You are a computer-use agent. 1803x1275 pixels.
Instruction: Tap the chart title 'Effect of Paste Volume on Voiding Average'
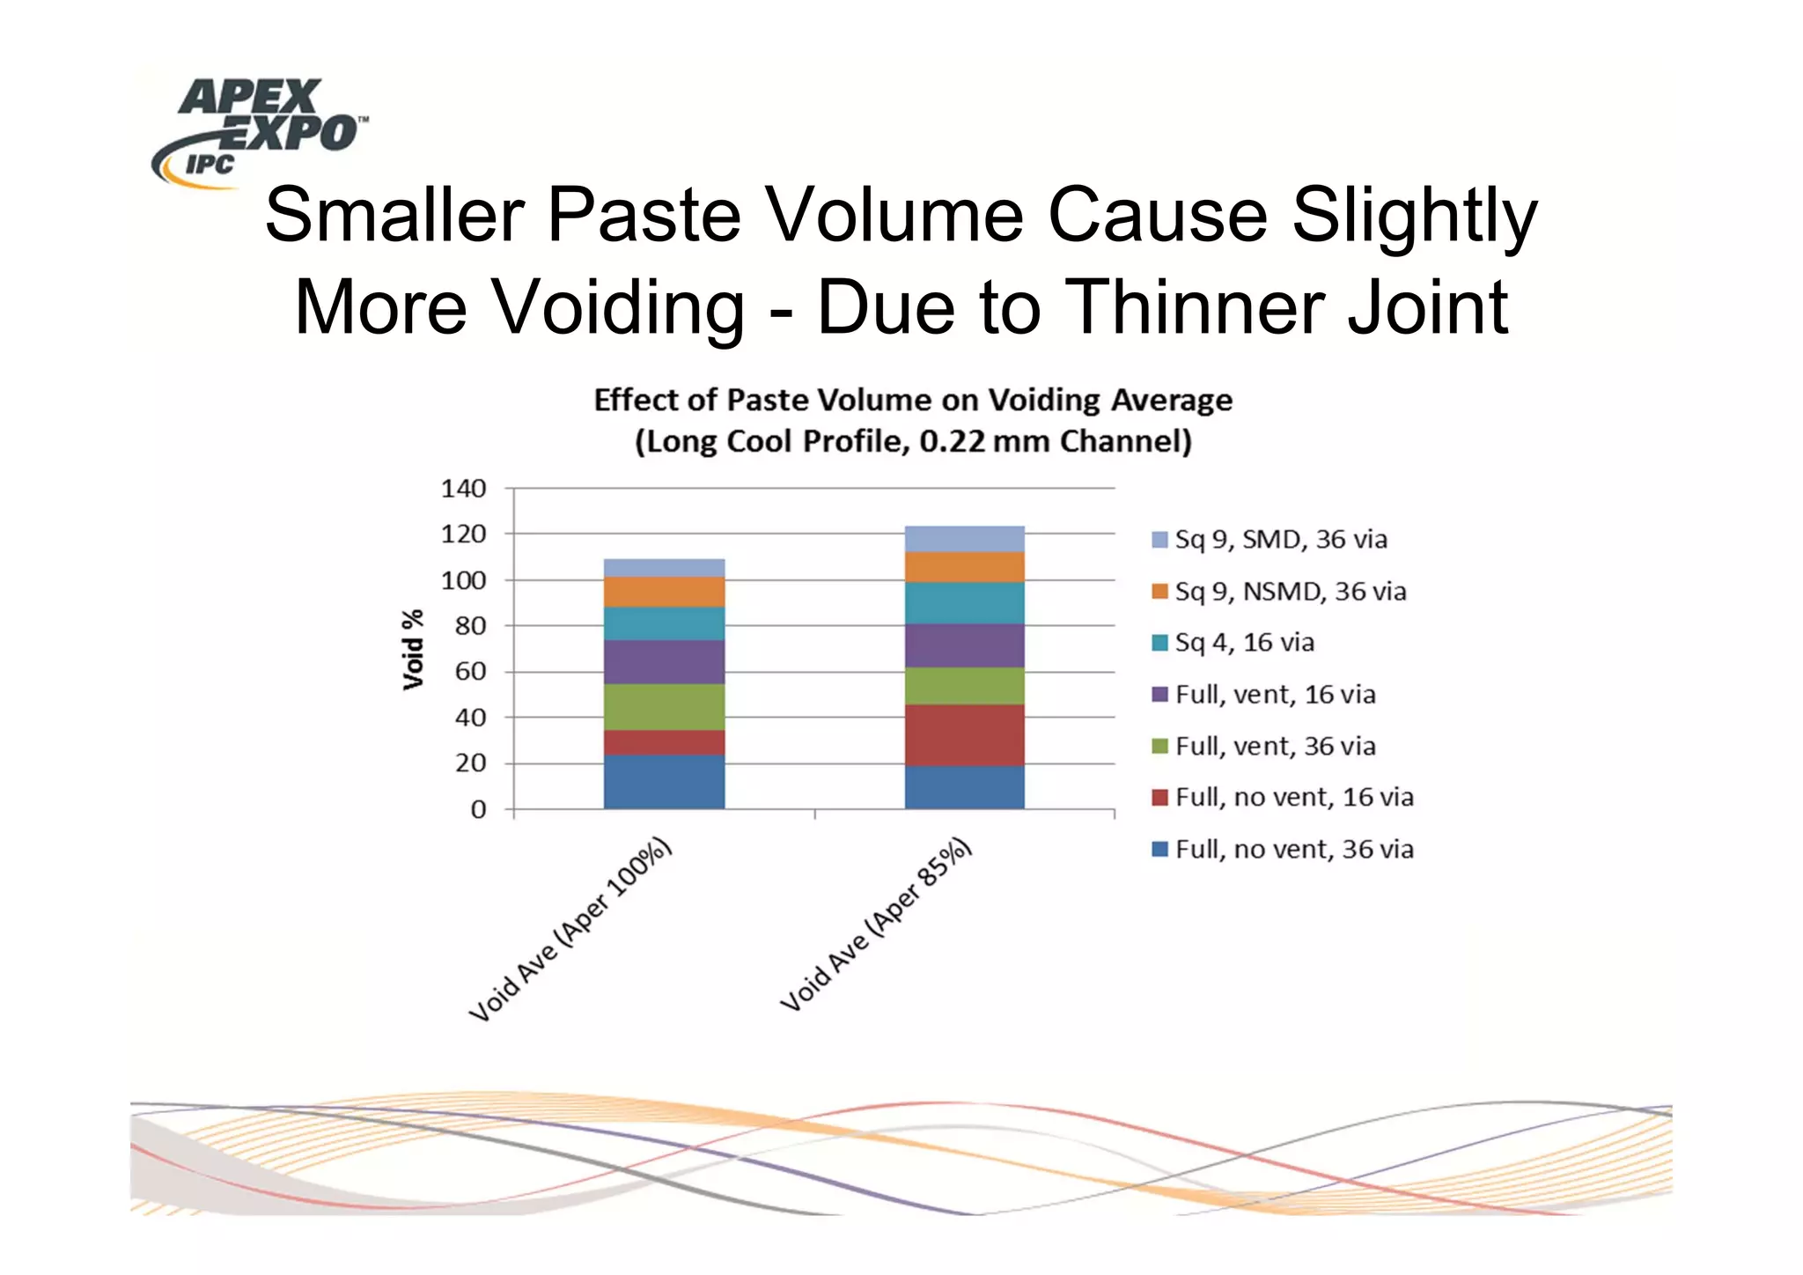(x=913, y=401)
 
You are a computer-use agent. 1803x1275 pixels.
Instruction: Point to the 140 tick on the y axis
(x=463, y=489)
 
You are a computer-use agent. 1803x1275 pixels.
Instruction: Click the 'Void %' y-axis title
(x=412, y=649)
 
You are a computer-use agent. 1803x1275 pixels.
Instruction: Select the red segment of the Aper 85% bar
(x=964, y=734)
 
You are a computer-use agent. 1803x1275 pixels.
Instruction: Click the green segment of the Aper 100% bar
(x=664, y=707)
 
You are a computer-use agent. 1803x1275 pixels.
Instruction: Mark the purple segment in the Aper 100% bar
(x=664, y=662)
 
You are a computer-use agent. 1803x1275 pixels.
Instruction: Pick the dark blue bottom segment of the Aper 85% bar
(x=964, y=787)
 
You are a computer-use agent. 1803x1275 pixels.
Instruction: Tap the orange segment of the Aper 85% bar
(x=964, y=567)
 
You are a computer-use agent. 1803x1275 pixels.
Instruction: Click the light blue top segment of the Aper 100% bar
(x=664, y=568)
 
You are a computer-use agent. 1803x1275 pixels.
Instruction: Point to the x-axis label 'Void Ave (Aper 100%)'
(x=570, y=931)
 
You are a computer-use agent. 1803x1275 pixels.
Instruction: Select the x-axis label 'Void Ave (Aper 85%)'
(x=876, y=925)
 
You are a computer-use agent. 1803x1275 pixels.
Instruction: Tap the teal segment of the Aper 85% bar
(x=964, y=603)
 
